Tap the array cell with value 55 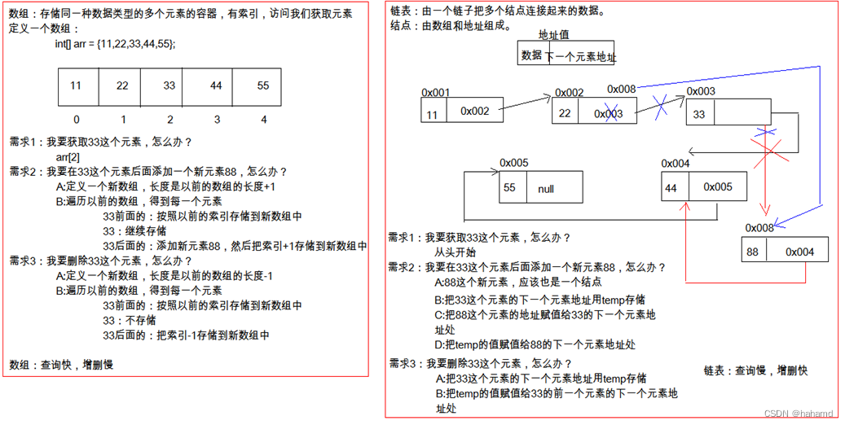pos(263,86)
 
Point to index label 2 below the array pos(170,120)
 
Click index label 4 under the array pos(263,120)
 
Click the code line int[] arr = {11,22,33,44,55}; pos(121,43)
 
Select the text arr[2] pos(68,156)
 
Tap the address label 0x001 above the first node pos(435,93)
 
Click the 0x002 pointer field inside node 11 pos(474,112)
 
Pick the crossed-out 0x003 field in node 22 pos(608,114)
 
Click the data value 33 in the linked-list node pos(699,115)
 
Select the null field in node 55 pos(546,189)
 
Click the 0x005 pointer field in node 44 pos(718,187)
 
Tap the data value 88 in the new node pos(752,252)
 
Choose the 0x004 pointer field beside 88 pos(799,252)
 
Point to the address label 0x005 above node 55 pos(513,163)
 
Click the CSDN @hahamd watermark pos(798,414)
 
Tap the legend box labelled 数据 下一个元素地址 pos(567,55)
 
